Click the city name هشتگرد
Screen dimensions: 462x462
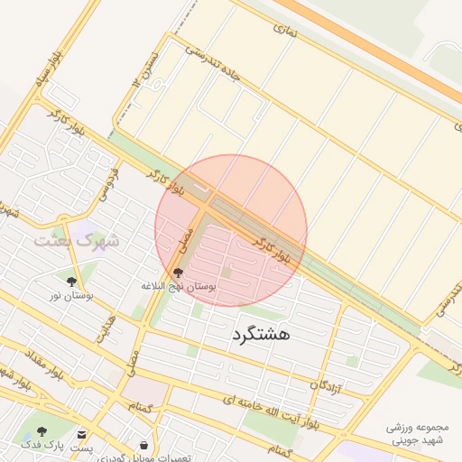(x=261, y=334)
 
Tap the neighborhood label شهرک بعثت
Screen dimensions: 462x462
(x=76, y=241)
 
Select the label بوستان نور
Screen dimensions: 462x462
(x=72, y=296)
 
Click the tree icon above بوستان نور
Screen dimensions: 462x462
(x=71, y=282)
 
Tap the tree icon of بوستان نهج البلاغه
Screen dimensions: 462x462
(x=177, y=272)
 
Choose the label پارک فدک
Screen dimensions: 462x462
(x=35, y=446)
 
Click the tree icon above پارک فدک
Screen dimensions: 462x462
(x=42, y=432)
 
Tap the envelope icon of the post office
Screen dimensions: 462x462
(x=82, y=434)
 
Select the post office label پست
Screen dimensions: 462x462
(x=82, y=448)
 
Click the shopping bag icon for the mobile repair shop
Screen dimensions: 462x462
(x=144, y=445)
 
